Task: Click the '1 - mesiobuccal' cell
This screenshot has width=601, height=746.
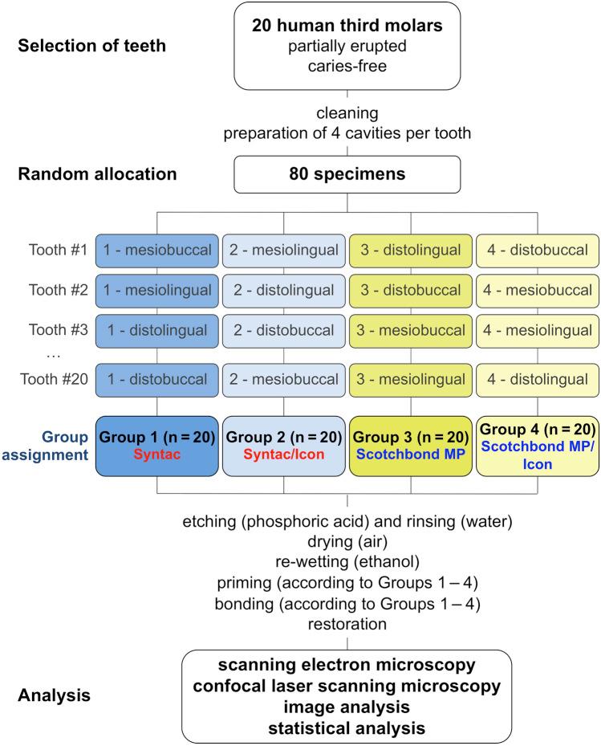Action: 157,250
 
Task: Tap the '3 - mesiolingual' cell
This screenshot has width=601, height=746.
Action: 412,379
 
